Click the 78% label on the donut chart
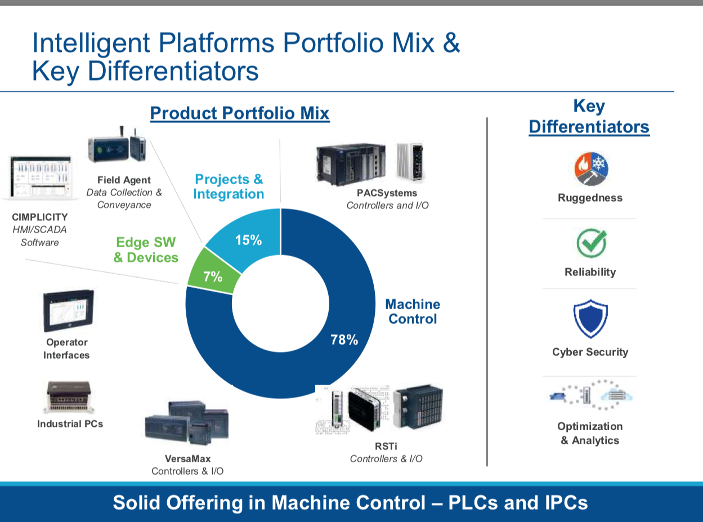point(344,340)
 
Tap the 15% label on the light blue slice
point(248,240)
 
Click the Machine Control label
point(413,311)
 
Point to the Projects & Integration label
point(229,186)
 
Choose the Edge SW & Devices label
point(146,250)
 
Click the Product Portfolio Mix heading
point(240,113)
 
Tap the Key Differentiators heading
point(589,116)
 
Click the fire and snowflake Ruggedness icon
point(591,169)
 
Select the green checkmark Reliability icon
point(591,243)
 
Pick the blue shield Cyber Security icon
point(590,318)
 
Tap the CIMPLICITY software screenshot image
point(40,177)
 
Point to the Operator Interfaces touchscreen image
point(68,311)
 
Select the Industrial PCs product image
point(69,398)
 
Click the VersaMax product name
point(187,458)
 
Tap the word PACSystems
point(387,193)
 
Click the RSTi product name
point(386,446)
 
